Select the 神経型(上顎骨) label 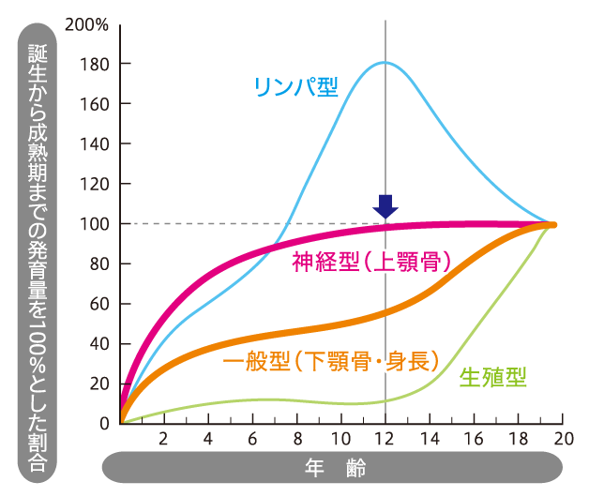click(x=373, y=262)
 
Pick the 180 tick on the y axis click(x=93, y=64)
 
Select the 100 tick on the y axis click(x=93, y=224)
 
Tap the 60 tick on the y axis click(x=97, y=304)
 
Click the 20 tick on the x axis click(x=562, y=440)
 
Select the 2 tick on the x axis click(x=164, y=440)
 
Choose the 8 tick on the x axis click(x=297, y=440)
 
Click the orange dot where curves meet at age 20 click(x=552, y=225)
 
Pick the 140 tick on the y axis click(x=93, y=144)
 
